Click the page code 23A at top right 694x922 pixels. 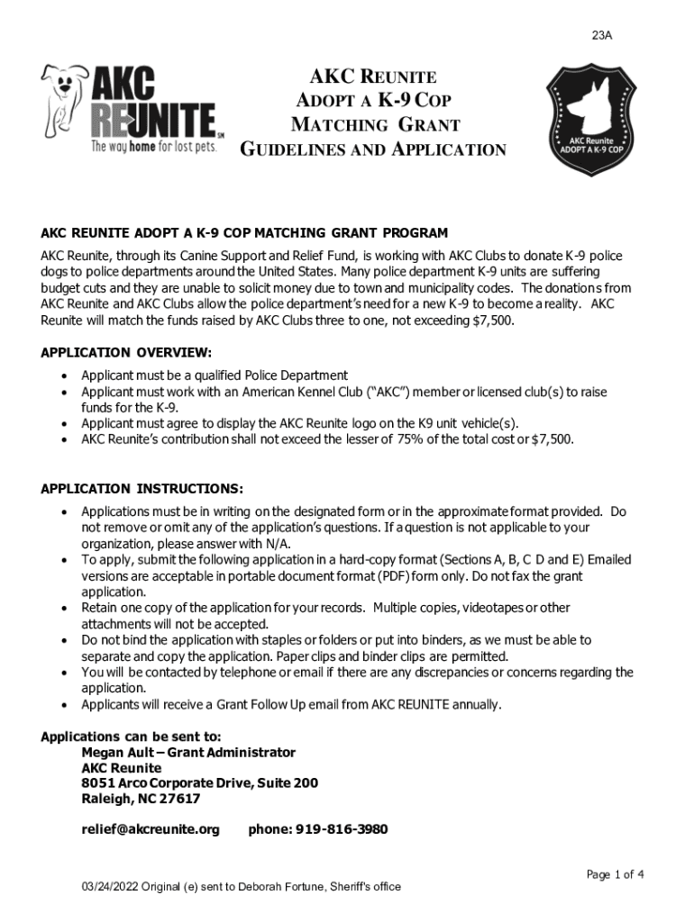pos(602,36)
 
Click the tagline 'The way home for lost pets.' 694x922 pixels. pos(152,147)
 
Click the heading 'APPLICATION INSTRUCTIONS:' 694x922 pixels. pos(142,489)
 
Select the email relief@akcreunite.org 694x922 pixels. pos(151,829)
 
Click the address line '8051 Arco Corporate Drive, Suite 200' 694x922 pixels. pos(199,783)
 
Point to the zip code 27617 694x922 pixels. pos(180,799)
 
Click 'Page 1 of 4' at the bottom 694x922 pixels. pos(615,874)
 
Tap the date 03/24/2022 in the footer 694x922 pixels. pos(107,887)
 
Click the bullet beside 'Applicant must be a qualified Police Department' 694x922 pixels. pos(64,375)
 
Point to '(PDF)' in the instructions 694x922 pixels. pos(411,576)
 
